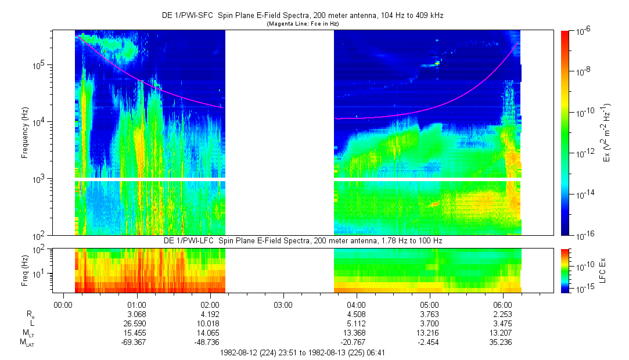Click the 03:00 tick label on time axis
pyautogui.click(x=283, y=304)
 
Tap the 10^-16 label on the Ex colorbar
pyautogui.click(x=583, y=236)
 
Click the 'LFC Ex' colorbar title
pyautogui.click(x=603, y=270)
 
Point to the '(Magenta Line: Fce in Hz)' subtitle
pyautogui.click(x=303, y=24)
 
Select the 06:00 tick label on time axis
pyautogui.click(x=502, y=304)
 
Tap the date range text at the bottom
pyautogui.click(x=303, y=352)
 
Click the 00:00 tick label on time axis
pyautogui.click(x=63, y=304)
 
